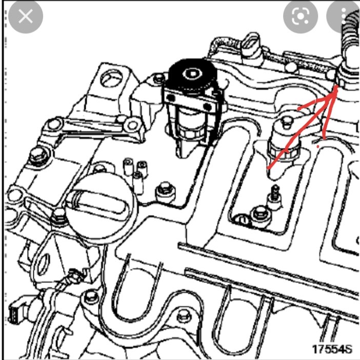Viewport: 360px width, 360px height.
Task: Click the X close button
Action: coord(26,16)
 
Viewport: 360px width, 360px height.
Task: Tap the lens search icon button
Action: coord(301,16)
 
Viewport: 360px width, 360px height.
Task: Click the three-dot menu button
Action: coord(344,16)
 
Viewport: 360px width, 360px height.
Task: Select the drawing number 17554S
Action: coord(332,349)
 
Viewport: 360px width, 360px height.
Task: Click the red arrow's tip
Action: coord(336,86)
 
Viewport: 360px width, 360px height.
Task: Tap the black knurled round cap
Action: coord(192,73)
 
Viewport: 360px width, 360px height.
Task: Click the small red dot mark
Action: coord(318,146)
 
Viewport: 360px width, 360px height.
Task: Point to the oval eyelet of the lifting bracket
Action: coord(44,265)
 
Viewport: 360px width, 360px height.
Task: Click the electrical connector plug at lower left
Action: coord(16,310)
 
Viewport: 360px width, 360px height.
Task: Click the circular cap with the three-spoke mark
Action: coord(111,78)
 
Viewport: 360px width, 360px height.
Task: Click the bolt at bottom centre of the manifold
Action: coord(184,316)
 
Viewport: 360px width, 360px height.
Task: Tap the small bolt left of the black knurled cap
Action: coord(159,78)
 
